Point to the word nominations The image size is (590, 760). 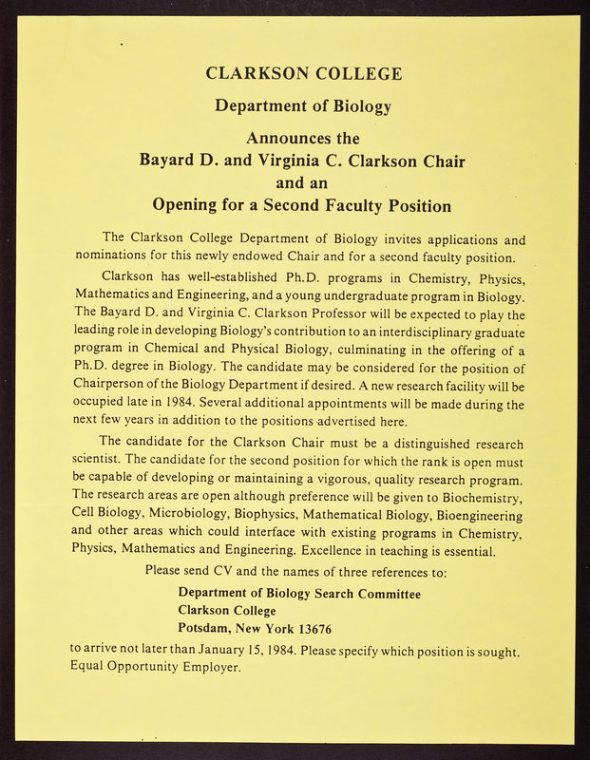(x=123, y=257)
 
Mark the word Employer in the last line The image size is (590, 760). (x=210, y=666)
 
